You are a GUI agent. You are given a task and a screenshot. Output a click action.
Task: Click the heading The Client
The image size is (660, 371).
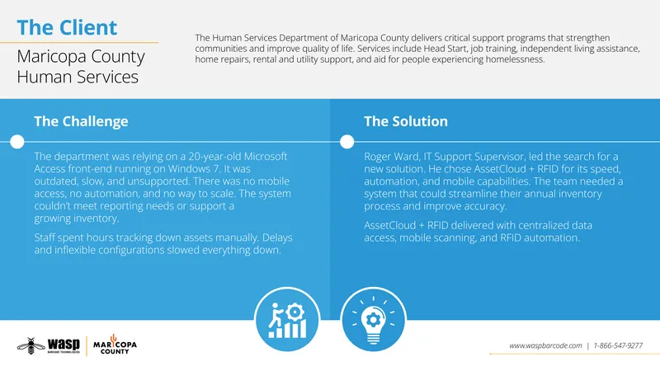67,28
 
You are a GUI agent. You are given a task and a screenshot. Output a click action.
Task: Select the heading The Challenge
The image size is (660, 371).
81,121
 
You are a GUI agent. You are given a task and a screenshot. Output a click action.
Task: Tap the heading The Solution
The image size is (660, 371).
406,121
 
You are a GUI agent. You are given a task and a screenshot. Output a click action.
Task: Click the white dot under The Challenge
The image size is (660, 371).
17,142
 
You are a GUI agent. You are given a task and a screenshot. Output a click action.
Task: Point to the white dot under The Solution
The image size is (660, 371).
346,142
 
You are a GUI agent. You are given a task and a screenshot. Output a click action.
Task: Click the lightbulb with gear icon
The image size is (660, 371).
373,320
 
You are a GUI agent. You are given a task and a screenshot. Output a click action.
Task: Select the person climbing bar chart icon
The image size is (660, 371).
287,320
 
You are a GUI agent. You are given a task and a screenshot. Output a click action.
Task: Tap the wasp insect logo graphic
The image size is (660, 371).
31,345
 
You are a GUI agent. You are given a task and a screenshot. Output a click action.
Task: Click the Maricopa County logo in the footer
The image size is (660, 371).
115,345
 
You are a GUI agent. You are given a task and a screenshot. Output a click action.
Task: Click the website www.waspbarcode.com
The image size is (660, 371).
545,345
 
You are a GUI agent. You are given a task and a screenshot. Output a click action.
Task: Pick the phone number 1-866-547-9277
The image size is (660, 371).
618,345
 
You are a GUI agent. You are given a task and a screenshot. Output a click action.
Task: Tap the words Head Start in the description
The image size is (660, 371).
445,49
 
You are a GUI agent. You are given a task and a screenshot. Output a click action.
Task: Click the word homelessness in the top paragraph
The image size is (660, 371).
515,59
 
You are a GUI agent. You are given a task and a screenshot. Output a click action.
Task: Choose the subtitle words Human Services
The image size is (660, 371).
78,77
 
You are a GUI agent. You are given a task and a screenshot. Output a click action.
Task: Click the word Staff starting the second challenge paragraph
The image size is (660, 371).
45,237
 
